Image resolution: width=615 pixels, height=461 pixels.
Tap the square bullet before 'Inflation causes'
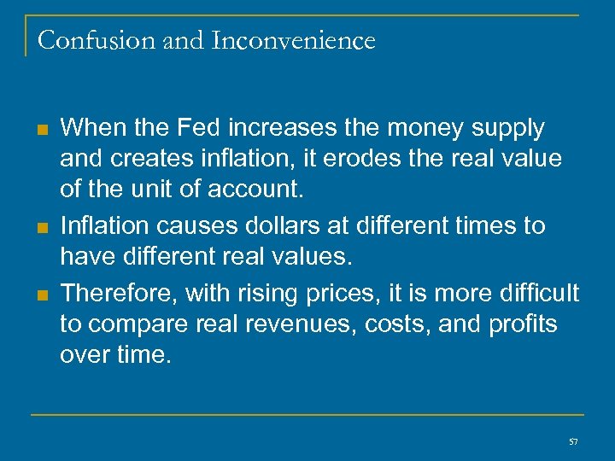point(42,228)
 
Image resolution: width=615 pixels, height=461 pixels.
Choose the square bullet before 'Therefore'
point(42,295)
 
